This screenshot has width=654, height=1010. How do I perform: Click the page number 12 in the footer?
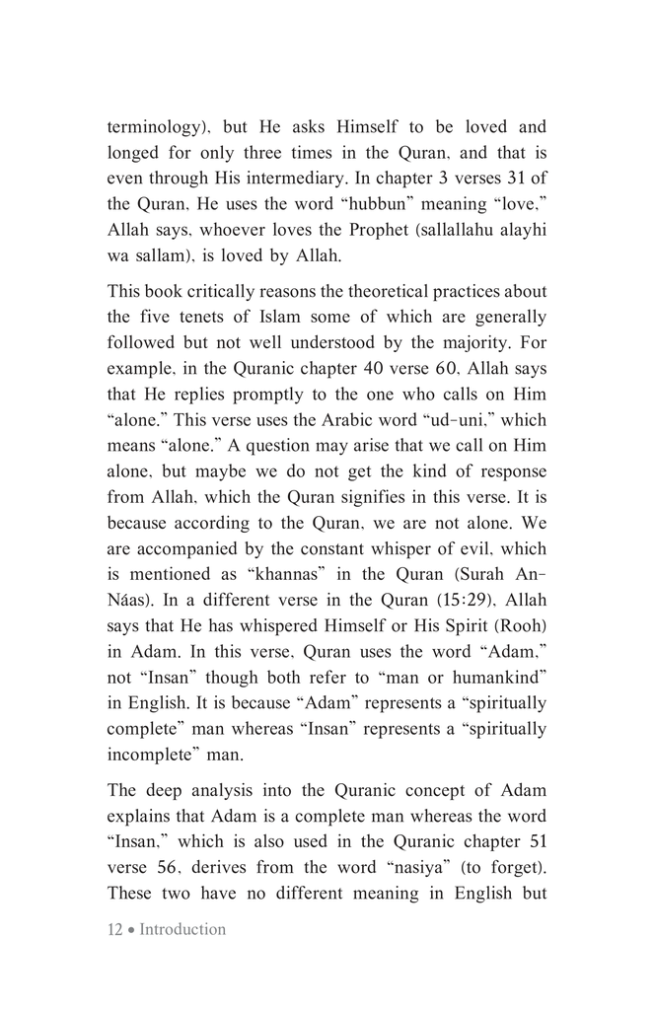pos(114,929)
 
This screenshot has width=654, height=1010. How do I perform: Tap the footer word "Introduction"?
pos(182,929)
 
